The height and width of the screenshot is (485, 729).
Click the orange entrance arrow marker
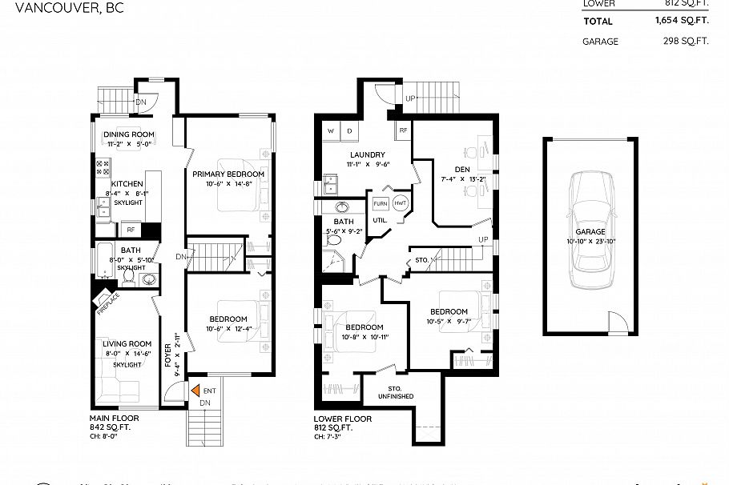195,391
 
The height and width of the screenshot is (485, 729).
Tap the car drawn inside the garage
590,231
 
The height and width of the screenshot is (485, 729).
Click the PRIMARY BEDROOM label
228,173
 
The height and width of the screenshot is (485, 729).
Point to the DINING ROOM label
129,134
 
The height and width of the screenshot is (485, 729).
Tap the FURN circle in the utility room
380,203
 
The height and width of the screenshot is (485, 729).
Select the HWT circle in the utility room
401,203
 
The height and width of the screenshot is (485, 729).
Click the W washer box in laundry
330,130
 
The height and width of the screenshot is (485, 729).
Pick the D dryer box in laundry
350,130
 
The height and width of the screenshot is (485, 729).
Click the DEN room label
461,169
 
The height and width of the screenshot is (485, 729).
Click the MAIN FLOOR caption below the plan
114,418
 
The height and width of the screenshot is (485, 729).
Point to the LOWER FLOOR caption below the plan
343,418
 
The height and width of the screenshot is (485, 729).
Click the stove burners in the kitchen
103,168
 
